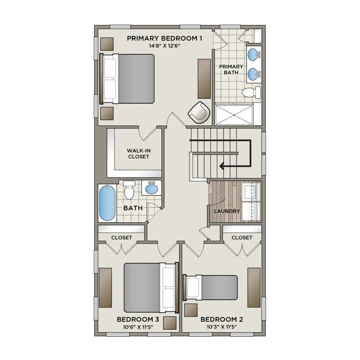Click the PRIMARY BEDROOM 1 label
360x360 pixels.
[164, 38]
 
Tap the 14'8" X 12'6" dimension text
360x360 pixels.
[164, 46]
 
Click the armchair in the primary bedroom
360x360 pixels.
[199, 112]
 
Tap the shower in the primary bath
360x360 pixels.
[238, 114]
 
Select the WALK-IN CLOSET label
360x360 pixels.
[138, 153]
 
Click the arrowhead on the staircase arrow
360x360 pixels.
[223, 165]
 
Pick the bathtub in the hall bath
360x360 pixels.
[107, 203]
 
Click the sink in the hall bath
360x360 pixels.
[151, 189]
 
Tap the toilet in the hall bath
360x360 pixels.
[130, 191]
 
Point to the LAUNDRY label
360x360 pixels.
[227, 211]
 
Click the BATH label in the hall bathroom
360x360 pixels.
[133, 208]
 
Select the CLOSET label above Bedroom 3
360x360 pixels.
[121, 238]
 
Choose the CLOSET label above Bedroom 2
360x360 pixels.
[241, 238]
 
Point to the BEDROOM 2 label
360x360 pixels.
[222, 320]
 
